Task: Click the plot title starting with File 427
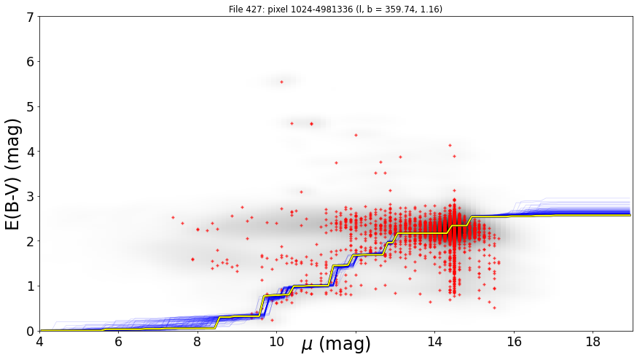335,9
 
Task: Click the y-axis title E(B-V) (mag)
13,174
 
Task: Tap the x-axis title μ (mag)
336,345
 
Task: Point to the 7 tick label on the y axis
31,17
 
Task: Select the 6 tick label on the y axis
31,62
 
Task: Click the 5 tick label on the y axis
31,107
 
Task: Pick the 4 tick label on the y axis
31,152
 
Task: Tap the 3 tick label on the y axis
31,197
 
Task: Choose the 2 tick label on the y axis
31,241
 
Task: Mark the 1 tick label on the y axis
31,286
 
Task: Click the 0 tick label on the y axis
31,331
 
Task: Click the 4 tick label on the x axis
39,341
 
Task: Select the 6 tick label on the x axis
119,341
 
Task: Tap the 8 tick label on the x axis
198,341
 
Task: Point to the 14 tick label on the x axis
434,341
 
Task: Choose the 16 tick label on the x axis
514,341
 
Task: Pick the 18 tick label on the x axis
593,341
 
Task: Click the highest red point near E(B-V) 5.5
281,82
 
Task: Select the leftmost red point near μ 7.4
173,217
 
